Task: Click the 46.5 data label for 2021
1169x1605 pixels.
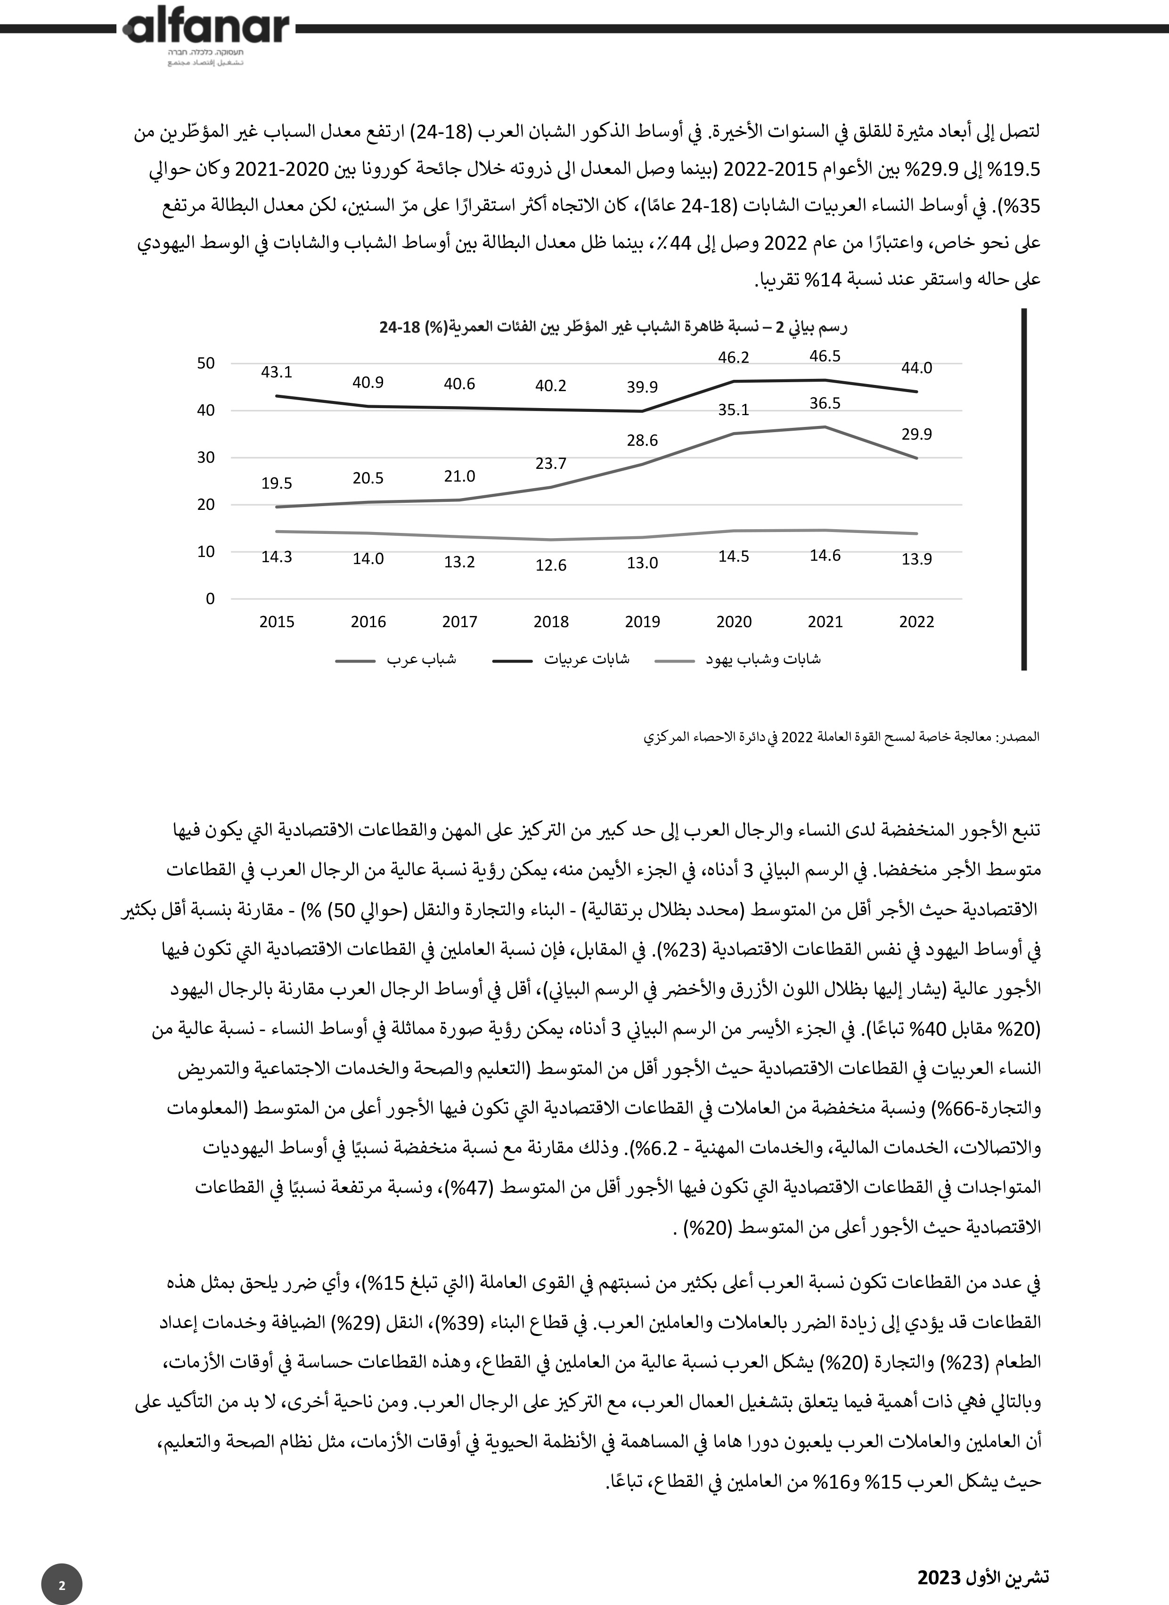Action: coord(825,356)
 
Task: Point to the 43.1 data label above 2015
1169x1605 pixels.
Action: coord(276,371)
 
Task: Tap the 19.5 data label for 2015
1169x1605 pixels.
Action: coord(276,483)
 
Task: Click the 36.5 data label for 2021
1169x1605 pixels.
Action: coord(825,403)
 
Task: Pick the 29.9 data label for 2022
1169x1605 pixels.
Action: coord(916,434)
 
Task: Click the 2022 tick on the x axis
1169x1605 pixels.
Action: coord(916,622)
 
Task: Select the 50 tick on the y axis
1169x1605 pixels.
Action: coord(205,363)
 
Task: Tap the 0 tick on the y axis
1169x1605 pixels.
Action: coord(210,598)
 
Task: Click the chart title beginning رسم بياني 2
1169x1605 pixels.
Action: coord(613,327)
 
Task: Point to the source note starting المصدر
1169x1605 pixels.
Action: coord(842,736)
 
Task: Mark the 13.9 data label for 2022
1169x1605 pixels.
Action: coord(916,559)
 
